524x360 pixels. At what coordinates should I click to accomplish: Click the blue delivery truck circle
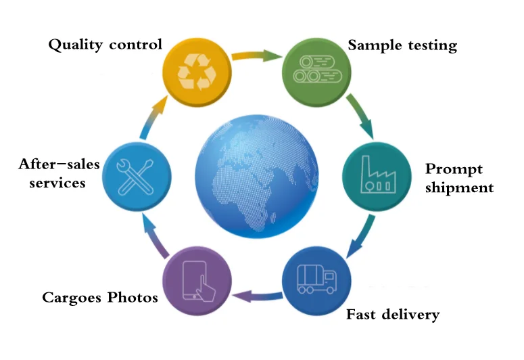tap(316, 279)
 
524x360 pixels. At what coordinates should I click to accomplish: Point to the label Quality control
tap(105, 45)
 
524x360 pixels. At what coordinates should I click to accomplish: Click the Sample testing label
tap(402, 45)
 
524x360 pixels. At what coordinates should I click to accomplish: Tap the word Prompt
tap(454, 169)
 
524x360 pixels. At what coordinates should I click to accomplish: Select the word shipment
tap(459, 187)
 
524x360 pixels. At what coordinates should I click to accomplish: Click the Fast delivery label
tap(393, 314)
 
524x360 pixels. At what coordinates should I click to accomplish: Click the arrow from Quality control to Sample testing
tap(256, 54)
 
